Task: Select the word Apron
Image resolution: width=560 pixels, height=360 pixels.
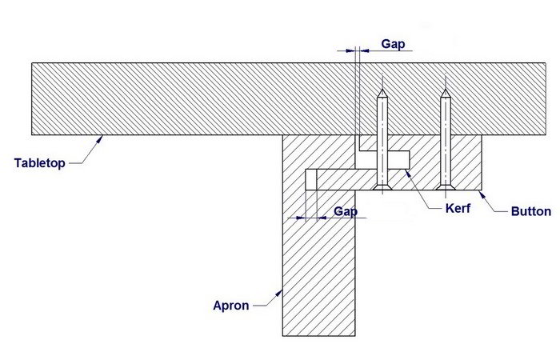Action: (230, 305)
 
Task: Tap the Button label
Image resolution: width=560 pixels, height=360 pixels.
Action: (531, 212)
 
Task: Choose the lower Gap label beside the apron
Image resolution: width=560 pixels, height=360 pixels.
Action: (346, 211)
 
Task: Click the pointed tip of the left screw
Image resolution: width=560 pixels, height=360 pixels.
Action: (382, 91)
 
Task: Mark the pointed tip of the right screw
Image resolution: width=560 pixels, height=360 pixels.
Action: (446, 91)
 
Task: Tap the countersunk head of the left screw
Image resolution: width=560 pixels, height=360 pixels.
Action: (382, 188)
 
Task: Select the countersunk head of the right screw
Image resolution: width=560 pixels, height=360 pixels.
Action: (446, 188)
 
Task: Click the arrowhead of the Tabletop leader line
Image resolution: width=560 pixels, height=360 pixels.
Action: (101, 137)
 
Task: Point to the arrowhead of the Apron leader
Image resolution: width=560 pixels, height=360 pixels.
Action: (279, 290)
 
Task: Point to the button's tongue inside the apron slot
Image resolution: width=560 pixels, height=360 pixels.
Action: (336, 179)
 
